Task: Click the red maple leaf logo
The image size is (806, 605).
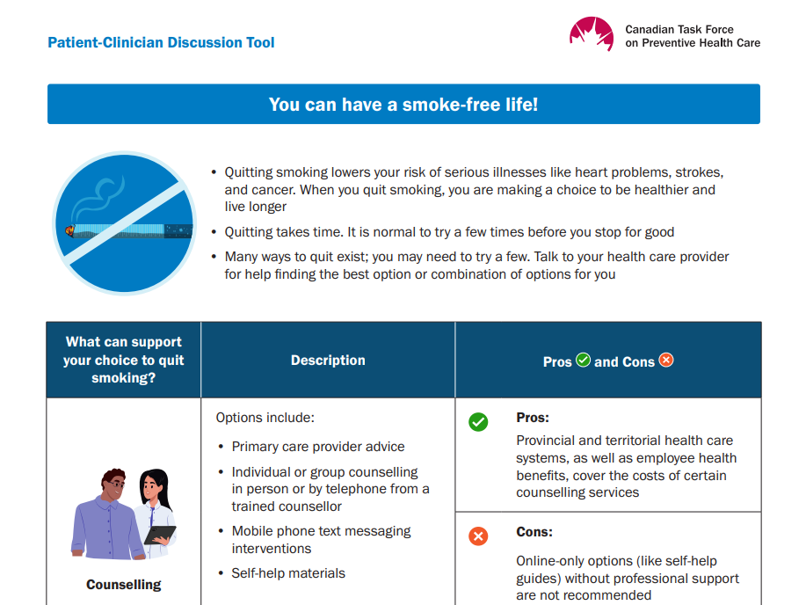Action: pos(591,34)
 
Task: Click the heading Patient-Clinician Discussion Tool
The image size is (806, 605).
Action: pos(161,42)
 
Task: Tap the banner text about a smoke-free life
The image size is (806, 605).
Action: pos(403,105)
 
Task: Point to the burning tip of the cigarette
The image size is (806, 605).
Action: pos(69,231)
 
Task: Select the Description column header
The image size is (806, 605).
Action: pos(328,361)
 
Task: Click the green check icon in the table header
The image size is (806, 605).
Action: pos(583,360)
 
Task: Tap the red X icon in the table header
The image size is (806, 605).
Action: pos(666,360)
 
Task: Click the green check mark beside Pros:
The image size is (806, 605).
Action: pos(478,422)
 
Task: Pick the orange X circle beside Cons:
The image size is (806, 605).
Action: pos(478,536)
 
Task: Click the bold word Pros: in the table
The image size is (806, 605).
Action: pos(533,418)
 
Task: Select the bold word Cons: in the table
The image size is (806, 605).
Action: pos(534,532)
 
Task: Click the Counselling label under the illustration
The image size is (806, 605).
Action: pos(124,585)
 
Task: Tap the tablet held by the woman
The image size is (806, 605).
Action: pos(160,534)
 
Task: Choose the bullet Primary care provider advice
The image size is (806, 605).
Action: pos(318,447)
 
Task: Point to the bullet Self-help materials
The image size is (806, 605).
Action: pos(288,573)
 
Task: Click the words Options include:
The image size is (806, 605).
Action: pos(265,418)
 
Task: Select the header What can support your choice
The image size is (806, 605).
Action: pos(124,360)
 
